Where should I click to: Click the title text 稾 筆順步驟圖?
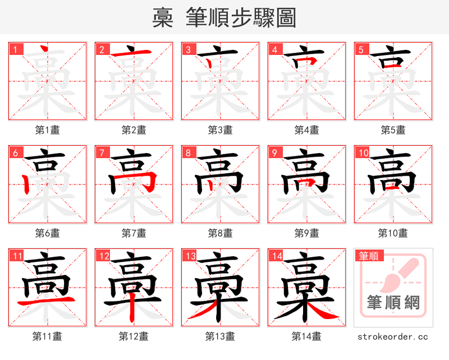pos(224,18)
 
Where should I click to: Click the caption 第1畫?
pos(48,130)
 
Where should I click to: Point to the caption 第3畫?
pos(221,130)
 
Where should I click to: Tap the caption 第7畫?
pos(134,233)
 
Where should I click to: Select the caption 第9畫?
pos(307,233)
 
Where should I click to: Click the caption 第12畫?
pos(134,336)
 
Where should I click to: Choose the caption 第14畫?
pos(307,336)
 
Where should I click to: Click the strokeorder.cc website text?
pos(393,336)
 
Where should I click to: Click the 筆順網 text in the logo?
pos(393,303)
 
